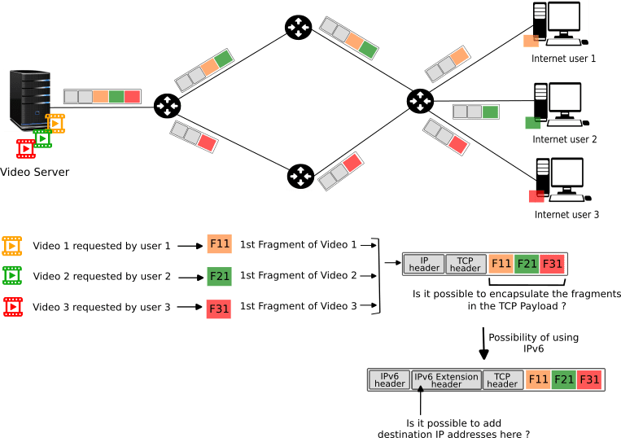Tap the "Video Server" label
click(x=35, y=172)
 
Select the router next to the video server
click(x=167, y=106)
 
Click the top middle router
click(x=298, y=28)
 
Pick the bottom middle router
click(x=300, y=176)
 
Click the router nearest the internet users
click(x=420, y=101)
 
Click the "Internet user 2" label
click(x=564, y=139)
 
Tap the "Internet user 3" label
click(x=566, y=214)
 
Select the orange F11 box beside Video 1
click(x=220, y=244)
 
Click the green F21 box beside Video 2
click(x=220, y=276)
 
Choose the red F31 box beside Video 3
click(x=220, y=309)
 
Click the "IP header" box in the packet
click(x=424, y=264)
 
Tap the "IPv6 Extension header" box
click(x=446, y=379)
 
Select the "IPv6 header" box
click(x=390, y=379)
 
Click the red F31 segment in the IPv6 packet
click(x=589, y=379)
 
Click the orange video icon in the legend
click(x=12, y=245)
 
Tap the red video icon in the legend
click(x=12, y=307)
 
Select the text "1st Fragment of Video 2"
click(x=298, y=275)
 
